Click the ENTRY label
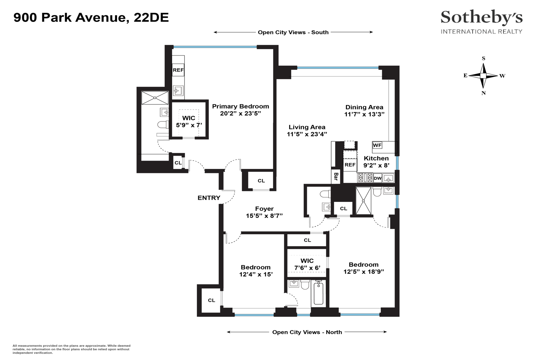pyautogui.click(x=209, y=198)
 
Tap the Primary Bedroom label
pyautogui.click(x=240, y=106)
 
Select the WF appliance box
pyautogui.click(x=377, y=145)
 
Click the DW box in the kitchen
pyautogui.click(x=378, y=178)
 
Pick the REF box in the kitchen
pyautogui.click(x=350, y=165)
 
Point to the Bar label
pyautogui.click(x=336, y=177)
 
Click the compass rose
pyautogui.click(x=483, y=76)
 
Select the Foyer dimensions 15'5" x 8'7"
pyautogui.click(x=264, y=216)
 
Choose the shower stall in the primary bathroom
pyautogui.click(x=155, y=98)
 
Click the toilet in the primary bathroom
pyautogui.click(x=163, y=124)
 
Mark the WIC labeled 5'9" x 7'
pyautogui.click(x=189, y=121)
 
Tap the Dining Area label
pyautogui.click(x=364, y=107)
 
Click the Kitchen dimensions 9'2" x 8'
pyautogui.click(x=376, y=165)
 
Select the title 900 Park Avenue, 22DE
pyautogui.click(x=91, y=18)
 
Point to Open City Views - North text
pyautogui.click(x=307, y=332)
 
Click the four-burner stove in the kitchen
pyautogui.click(x=365, y=178)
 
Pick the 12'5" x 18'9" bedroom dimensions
pyautogui.click(x=364, y=272)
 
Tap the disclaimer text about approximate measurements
pyautogui.click(x=71, y=349)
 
